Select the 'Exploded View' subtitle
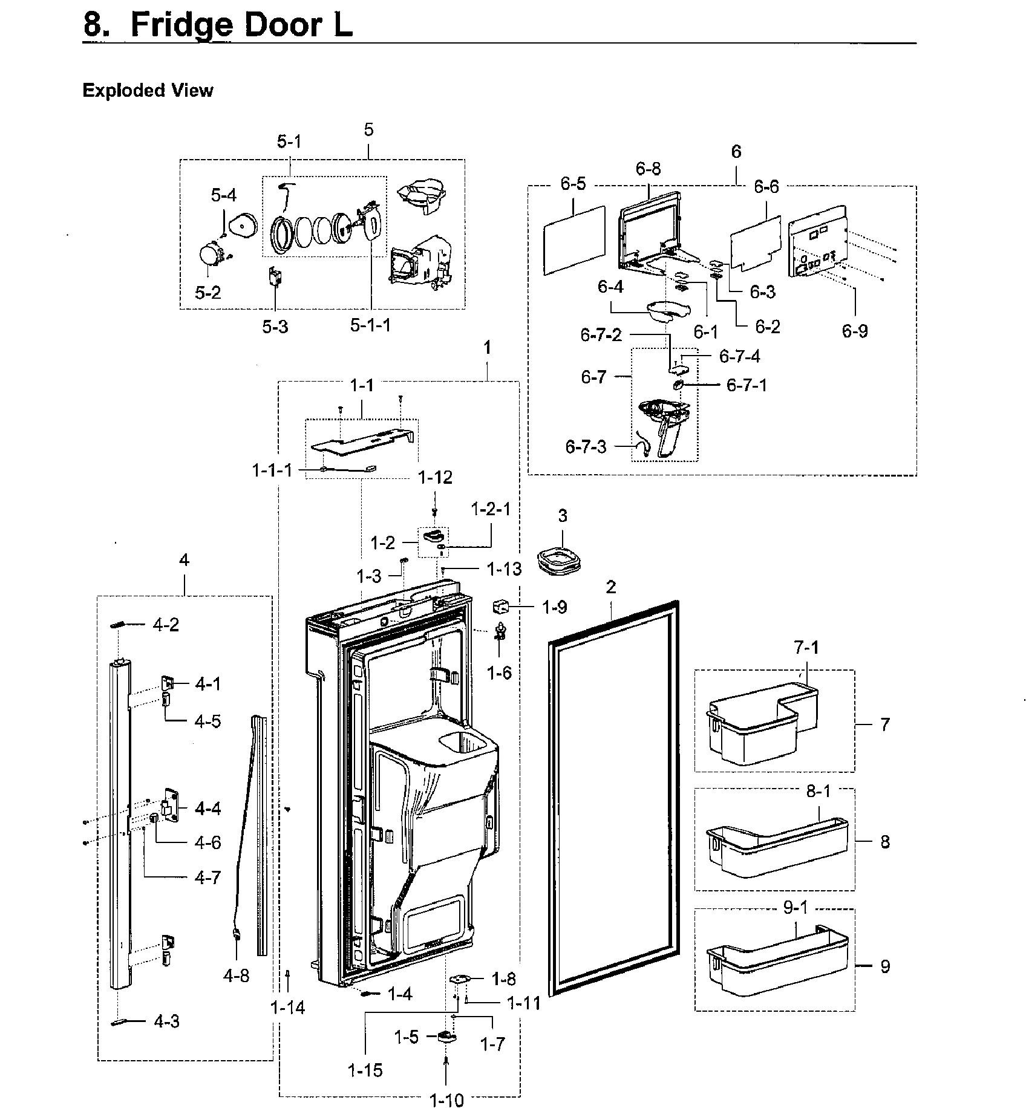[148, 91]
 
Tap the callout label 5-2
[207, 293]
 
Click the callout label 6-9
[855, 331]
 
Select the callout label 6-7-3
[586, 447]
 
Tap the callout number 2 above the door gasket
[611, 587]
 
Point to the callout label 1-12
[435, 478]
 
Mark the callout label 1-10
[446, 1100]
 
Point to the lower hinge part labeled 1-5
[446, 1037]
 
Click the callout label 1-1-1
[272, 470]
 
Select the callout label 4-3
[166, 1021]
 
